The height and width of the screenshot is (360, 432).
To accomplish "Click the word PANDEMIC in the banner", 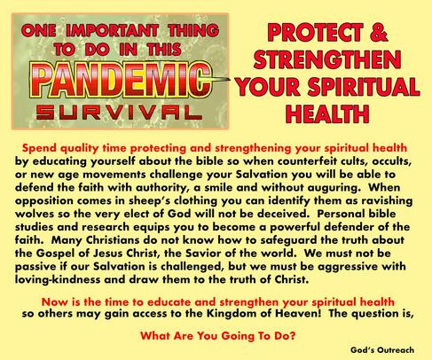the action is pyautogui.click(x=121, y=80).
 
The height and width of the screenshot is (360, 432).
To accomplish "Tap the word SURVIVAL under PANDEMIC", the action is pyautogui.click(x=119, y=113).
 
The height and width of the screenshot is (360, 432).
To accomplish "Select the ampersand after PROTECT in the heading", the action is pyautogui.click(x=379, y=32).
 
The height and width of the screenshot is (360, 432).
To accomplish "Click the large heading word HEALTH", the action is pyautogui.click(x=327, y=113).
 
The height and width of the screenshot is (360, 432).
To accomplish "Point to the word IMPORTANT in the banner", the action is pyautogui.click(x=112, y=31).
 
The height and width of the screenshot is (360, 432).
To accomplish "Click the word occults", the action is pyautogui.click(x=392, y=161).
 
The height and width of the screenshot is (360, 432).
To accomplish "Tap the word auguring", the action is pyautogui.click(x=333, y=188).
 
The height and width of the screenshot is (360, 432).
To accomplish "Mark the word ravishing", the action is pyautogui.click(x=387, y=201).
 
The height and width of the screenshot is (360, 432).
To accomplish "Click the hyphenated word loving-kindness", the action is pyautogui.click(x=58, y=279).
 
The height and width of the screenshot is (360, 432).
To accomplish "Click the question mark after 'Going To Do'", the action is pyautogui.click(x=292, y=336).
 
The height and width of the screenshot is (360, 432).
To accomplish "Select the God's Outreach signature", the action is pyautogui.click(x=382, y=350).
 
